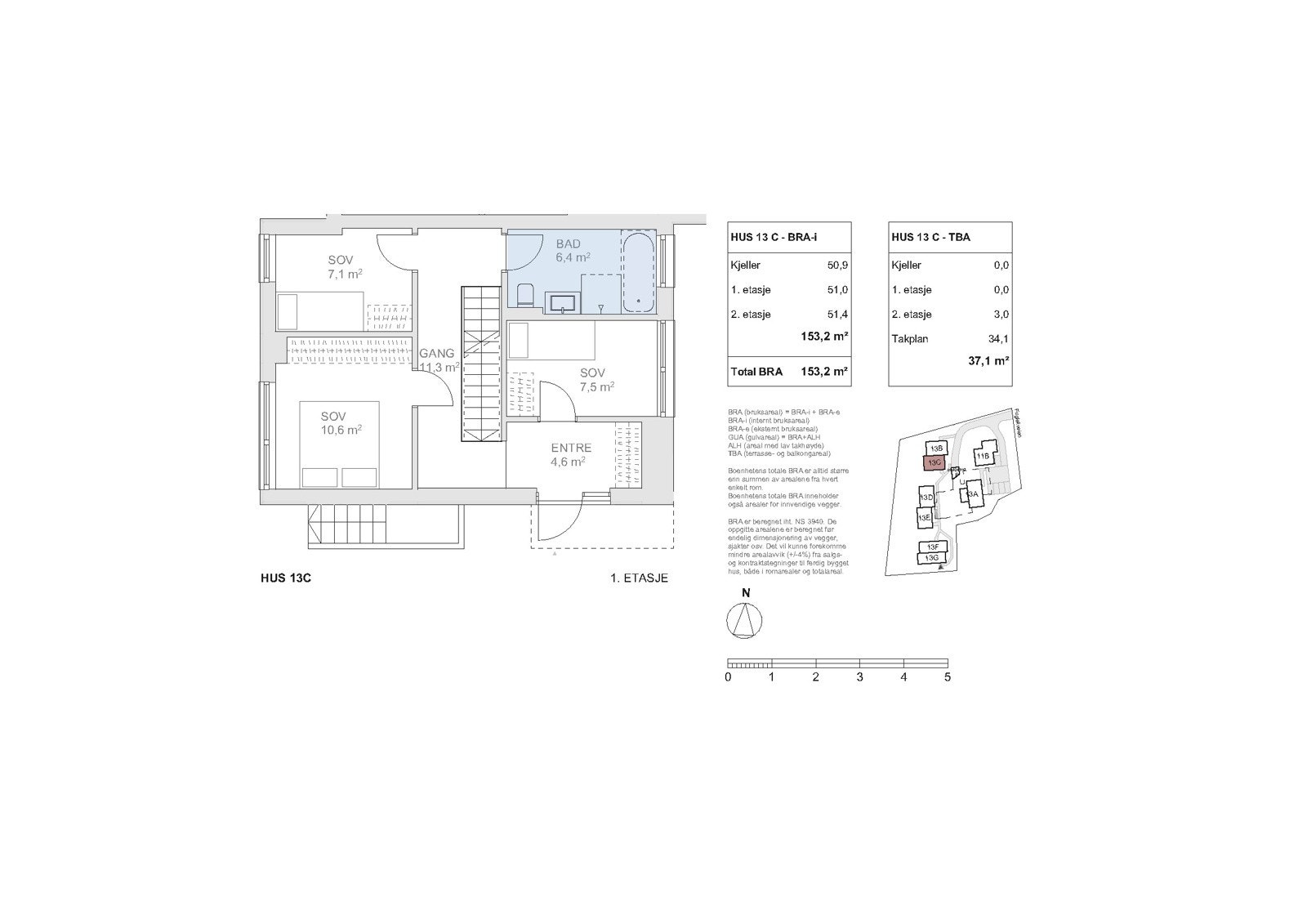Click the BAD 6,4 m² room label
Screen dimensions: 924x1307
click(x=572, y=251)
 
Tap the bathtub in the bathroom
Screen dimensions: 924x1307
click(x=638, y=273)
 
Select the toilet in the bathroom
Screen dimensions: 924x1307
click(x=524, y=295)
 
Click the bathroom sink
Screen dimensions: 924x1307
click(x=562, y=304)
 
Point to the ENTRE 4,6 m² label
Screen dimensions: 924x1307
click(x=570, y=454)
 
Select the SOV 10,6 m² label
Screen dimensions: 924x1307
click(x=341, y=423)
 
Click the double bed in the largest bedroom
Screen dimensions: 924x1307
click(x=339, y=445)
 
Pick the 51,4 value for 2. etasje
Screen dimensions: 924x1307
click(x=835, y=315)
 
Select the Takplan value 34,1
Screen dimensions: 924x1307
click(x=998, y=339)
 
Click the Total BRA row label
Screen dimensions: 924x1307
click(x=756, y=372)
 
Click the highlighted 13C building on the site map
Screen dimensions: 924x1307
click(x=934, y=463)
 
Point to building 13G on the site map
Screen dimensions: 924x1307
click(x=930, y=558)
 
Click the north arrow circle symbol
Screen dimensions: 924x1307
click(x=744, y=621)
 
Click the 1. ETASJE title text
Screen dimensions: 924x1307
click(x=639, y=578)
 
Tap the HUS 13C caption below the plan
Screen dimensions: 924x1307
click(x=286, y=578)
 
